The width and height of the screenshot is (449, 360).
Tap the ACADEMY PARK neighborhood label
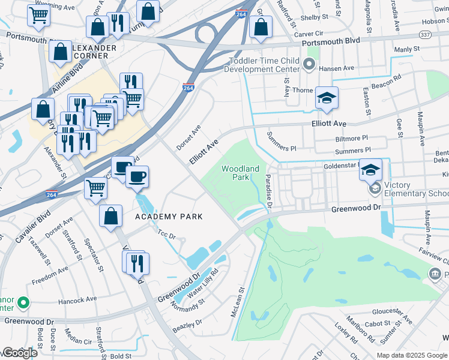coord(168,216)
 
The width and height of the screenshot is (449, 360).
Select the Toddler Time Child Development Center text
coord(262,65)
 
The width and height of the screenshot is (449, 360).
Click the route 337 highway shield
coord(424,35)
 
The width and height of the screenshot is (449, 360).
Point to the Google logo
coord(19,353)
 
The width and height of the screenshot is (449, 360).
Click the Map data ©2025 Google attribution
coord(412,355)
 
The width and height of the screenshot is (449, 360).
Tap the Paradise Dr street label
coord(269,191)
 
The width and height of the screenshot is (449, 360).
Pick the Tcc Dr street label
coord(166,234)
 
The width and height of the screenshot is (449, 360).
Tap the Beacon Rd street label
coord(386,83)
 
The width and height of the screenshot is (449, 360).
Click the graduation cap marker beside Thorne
coord(327,98)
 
